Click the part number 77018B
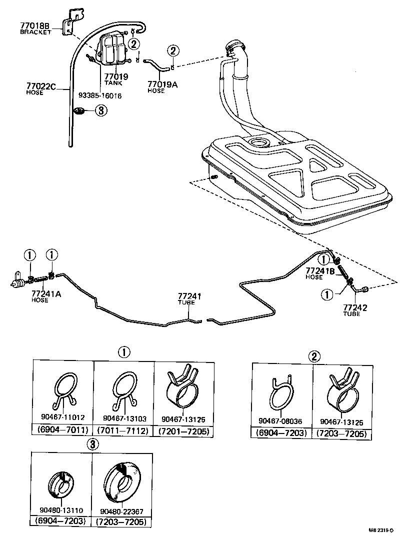[x=35, y=25]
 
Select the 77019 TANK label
[x=116, y=79]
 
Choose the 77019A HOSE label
[x=162, y=87]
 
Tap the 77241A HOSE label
[x=46, y=296]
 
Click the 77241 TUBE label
[x=189, y=299]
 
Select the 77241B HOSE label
[x=320, y=273]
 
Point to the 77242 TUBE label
[x=355, y=310]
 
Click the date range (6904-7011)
[x=62, y=430]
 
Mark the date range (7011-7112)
[x=123, y=430]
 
